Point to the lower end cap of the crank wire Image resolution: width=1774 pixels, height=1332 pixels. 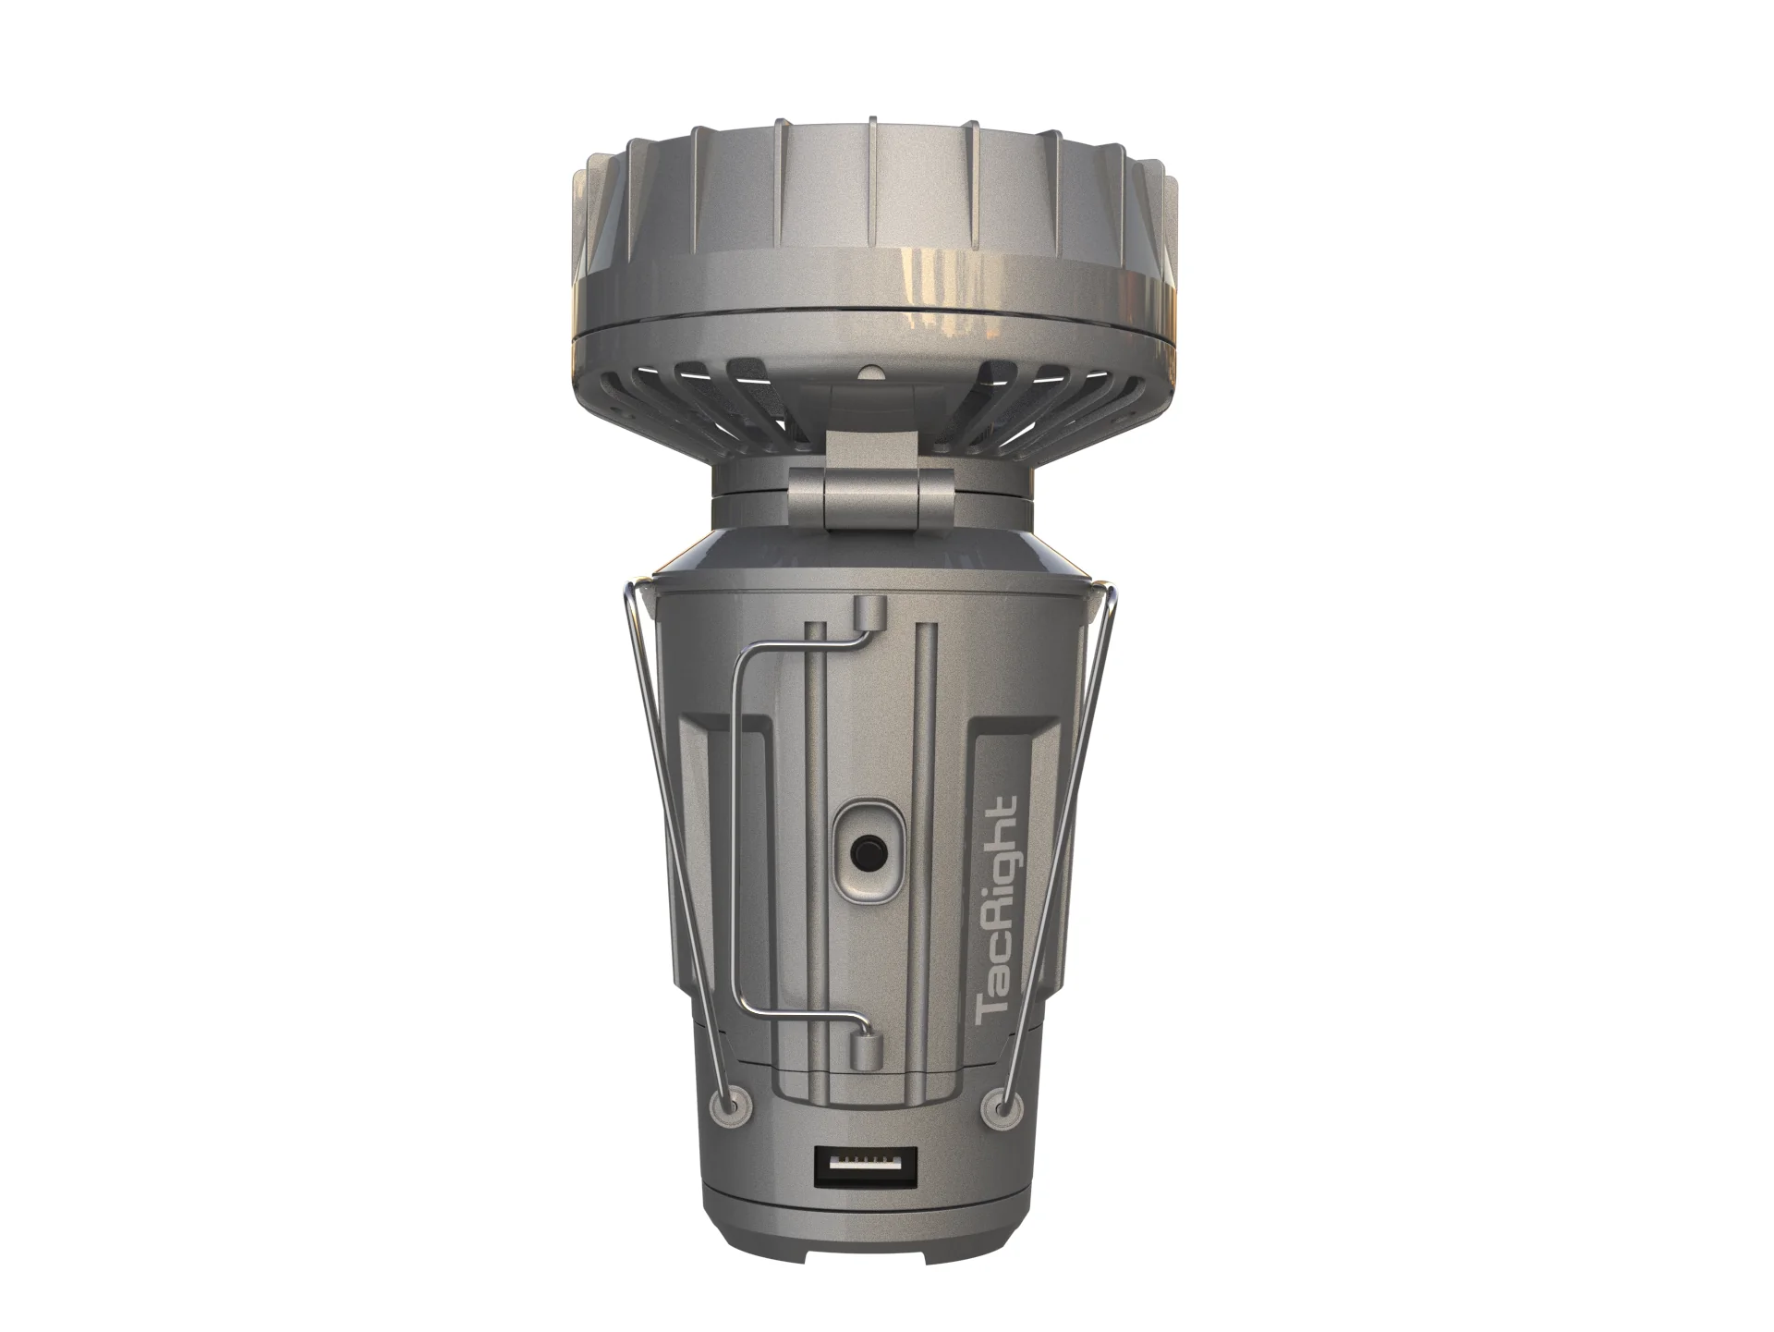tap(864, 1051)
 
